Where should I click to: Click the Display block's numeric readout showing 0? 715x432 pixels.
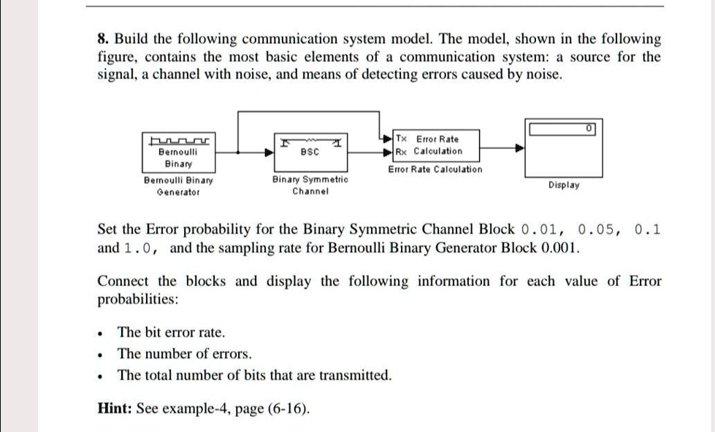[562, 129]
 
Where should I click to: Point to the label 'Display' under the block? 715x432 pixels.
[564, 185]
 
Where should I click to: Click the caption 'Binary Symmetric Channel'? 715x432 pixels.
[310, 185]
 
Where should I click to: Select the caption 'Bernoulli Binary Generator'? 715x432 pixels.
[178, 185]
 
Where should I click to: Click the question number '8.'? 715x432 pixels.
[104, 39]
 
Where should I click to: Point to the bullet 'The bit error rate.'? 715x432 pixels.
[171, 332]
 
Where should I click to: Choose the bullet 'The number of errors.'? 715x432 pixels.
[185, 354]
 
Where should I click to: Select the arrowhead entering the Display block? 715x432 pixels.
[520, 146]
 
